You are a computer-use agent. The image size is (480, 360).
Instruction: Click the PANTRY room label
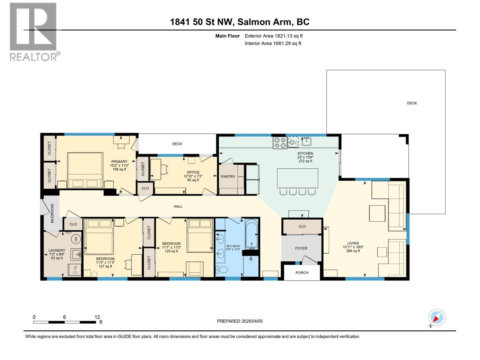pos(228,176)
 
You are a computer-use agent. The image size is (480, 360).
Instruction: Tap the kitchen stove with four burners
pos(280,142)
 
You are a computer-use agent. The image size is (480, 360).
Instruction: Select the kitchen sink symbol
pos(306,141)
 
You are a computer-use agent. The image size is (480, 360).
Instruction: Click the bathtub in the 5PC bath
pos(251,234)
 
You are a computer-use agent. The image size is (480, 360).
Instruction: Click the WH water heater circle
pos(76,239)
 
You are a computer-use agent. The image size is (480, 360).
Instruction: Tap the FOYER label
pos(301,248)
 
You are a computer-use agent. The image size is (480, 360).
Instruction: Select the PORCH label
pos(302,272)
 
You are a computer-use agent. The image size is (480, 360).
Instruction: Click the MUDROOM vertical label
pos(52,214)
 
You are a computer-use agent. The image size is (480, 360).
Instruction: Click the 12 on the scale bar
pos(97,317)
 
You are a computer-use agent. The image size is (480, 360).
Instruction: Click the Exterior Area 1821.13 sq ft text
pos(274,36)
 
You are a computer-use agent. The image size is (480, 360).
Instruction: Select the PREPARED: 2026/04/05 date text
pos(240,321)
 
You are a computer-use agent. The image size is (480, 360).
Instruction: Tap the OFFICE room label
pos(193,172)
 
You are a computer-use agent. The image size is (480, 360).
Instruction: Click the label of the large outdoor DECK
pos(412,103)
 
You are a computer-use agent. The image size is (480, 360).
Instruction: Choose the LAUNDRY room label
pos(57,250)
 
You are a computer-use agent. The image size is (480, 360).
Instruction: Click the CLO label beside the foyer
pos(302,226)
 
